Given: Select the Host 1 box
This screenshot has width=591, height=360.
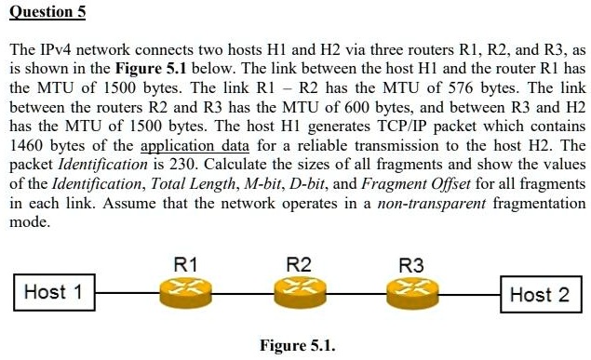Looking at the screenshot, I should [x=53, y=292].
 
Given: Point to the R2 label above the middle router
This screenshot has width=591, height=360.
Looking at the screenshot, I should [x=298, y=264].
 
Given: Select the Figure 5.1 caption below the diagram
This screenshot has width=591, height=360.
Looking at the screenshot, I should [x=298, y=346].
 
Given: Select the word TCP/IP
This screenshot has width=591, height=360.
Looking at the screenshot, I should [x=349, y=126].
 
